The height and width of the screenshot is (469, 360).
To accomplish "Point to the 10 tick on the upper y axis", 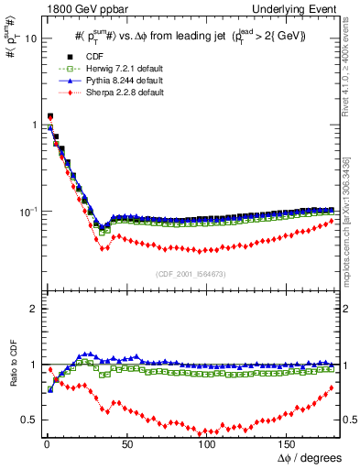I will coord(30,39).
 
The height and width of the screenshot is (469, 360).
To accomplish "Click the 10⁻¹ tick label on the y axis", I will coord(27,212).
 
